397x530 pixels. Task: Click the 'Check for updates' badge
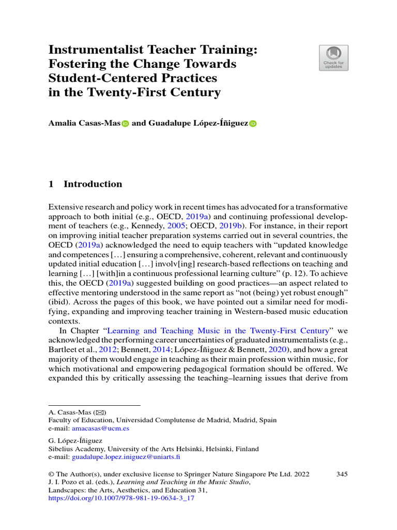pyautogui.click(x=333, y=57)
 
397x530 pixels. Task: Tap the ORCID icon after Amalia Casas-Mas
pyautogui.click(x=125, y=124)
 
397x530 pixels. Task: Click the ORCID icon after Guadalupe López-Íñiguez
pyautogui.click(x=253, y=124)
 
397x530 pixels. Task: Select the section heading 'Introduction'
pyautogui.click(x=93, y=184)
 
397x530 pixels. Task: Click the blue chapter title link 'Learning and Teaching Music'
pyautogui.click(x=219, y=331)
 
